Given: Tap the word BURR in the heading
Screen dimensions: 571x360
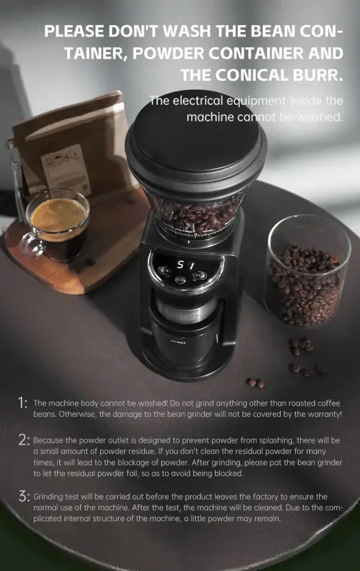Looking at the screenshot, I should (313, 74).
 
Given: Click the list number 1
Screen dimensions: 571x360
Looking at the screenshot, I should (23, 404).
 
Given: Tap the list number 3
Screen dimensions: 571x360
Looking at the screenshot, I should (23, 497).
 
